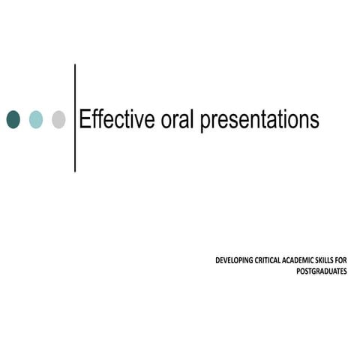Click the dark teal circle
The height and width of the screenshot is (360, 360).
(x=13, y=119)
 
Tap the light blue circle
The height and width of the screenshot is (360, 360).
(x=36, y=119)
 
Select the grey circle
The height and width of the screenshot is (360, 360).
(x=58, y=119)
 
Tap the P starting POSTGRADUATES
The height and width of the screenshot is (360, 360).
(x=299, y=271)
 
